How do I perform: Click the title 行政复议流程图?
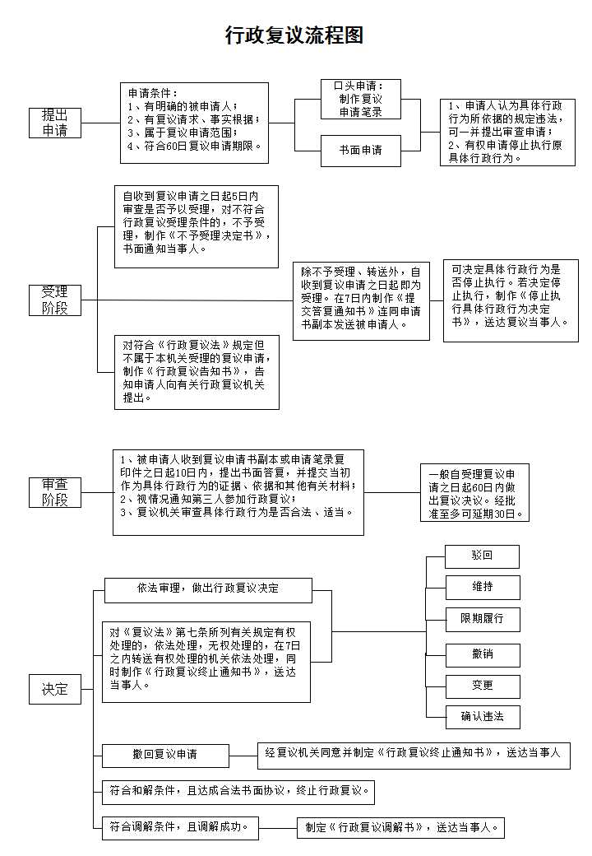tap(294, 35)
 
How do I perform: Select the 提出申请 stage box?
tap(55, 123)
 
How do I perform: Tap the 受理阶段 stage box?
tap(55, 300)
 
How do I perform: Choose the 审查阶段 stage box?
tap(55, 492)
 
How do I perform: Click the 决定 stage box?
tap(55, 690)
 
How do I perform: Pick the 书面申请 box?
tap(360, 151)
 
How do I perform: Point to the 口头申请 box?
tap(360, 99)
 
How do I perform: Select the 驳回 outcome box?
tap(482, 556)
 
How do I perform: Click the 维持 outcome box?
tap(482, 587)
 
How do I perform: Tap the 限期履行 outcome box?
tap(482, 618)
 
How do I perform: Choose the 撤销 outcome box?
tap(482, 654)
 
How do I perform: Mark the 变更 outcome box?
tap(482, 685)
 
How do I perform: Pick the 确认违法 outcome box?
tap(482, 716)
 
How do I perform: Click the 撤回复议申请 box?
tap(165, 755)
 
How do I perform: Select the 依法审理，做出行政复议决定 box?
tap(208, 589)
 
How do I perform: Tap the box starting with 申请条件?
tap(195, 123)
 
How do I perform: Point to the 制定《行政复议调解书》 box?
tap(400, 827)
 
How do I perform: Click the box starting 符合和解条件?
tap(238, 792)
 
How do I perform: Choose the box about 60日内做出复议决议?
tap(474, 493)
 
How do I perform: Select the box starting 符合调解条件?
tap(179, 827)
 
